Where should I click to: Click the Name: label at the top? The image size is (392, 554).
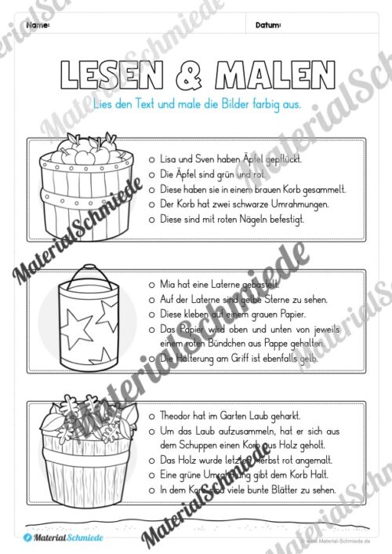click(38, 26)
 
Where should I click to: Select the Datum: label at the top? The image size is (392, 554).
click(268, 26)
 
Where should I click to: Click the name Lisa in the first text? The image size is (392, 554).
click(167, 159)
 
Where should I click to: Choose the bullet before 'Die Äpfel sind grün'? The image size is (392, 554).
click(151, 174)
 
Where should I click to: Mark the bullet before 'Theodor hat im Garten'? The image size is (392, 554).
click(151, 417)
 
